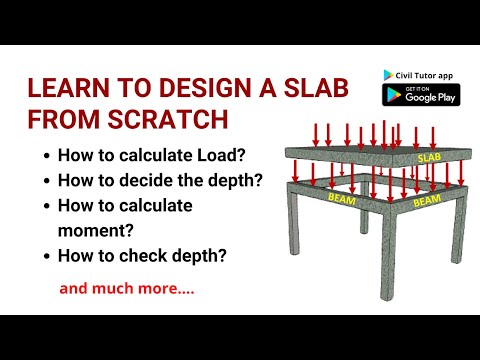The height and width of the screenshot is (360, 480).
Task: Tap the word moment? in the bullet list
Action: coord(90,229)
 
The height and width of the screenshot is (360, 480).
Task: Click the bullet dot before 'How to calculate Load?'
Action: coord(46,157)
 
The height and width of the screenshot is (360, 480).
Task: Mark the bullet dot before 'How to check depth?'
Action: coord(46,255)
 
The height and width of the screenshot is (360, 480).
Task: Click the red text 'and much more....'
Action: coord(127,290)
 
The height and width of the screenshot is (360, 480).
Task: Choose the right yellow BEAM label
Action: coord(427,200)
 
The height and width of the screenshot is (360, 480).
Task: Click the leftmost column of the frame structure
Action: coord(296,245)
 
